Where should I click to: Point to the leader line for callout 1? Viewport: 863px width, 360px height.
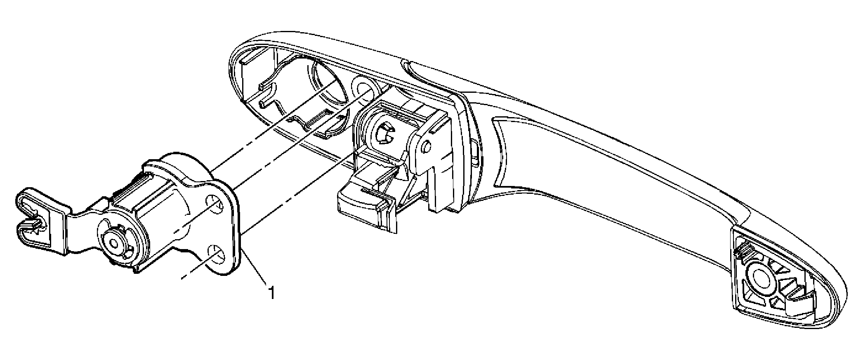[x=256, y=265]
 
